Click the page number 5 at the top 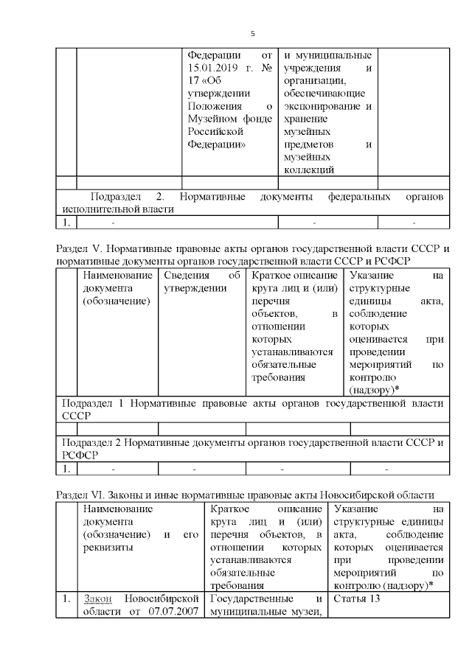pos(253,34)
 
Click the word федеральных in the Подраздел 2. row pos(354,197)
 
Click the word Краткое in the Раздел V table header pos(268,275)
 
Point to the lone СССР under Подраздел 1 pos(75,415)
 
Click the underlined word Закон pos(96,598)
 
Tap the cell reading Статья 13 pos(357,598)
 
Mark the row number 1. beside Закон pos(66,598)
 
